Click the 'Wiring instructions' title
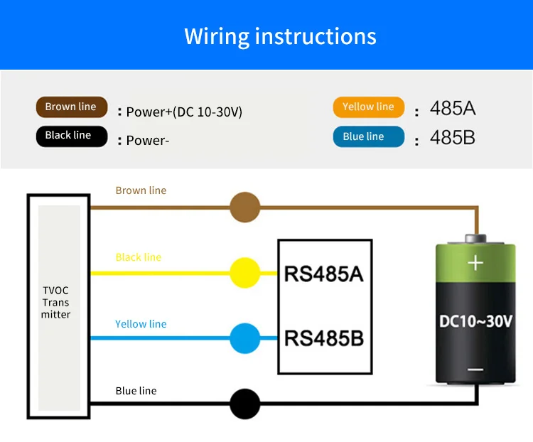pyautogui.click(x=280, y=36)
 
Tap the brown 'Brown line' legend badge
pyautogui.click(x=71, y=107)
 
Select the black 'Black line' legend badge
pyautogui.click(x=71, y=136)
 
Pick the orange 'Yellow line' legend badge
pyautogui.click(x=368, y=107)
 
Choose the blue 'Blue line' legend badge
pyautogui.click(x=368, y=136)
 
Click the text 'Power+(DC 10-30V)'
pyautogui.click(x=184, y=112)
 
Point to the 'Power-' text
pyautogui.click(x=148, y=140)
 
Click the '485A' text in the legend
pyautogui.click(x=453, y=109)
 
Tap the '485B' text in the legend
pyautogui.click(x=453, y=138)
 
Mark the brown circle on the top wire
pyautogui.click(x=245, y=207)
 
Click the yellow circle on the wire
pyautogui.click(x=245, y=273)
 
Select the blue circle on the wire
pyautogui.click(x=245, y=338)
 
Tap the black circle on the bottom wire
pyautogui.click(x=245, y=404)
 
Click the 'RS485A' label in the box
pyautogui.click(x=324, y=274)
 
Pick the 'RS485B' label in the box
pyautogui.click(x=324, y=338)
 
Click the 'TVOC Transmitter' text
pyautogui.click(x=56, y=303)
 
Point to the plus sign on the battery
pyautogui.click(x=475, y=263)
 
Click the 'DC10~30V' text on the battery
pyautogui.click(x=475, y=321)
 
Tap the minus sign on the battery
pyautogui.click(x=475, y=370)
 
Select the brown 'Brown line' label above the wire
pyautogui.click(x=141, y=190)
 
